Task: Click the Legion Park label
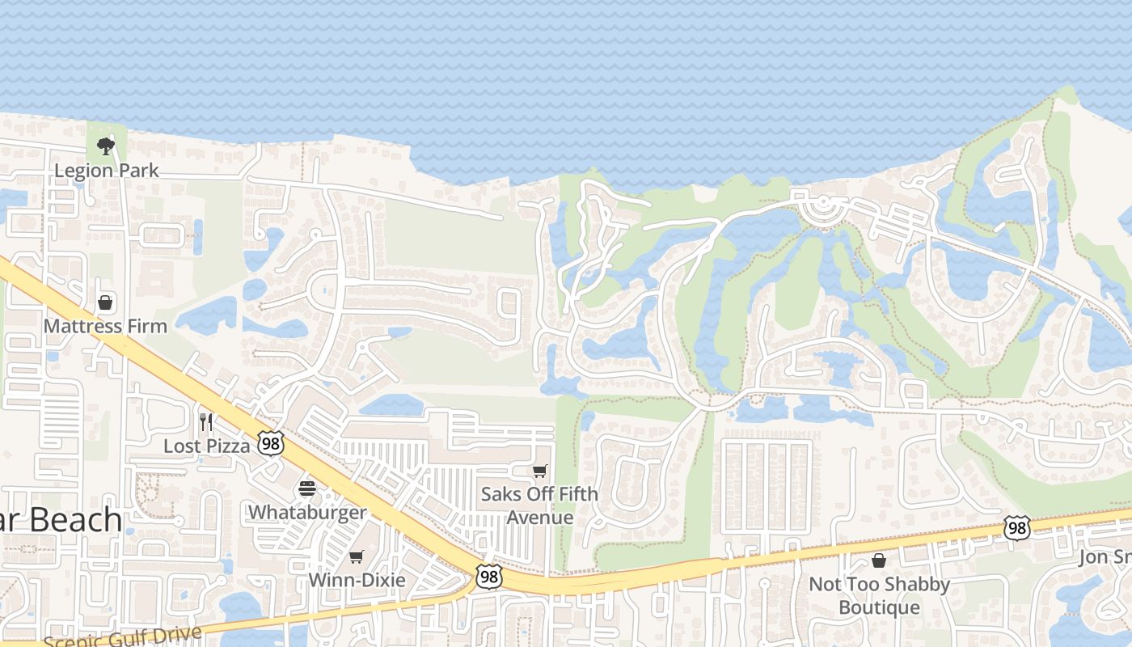(106, 171)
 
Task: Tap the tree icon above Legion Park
(105, 146)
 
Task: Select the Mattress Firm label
(105, 326)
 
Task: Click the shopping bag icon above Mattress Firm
(105, 303)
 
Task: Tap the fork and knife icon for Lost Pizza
(206, 421)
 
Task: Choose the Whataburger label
(306, 512)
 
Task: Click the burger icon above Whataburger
(306, 488)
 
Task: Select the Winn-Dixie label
(357, 580)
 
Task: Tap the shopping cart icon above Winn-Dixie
(357, 557)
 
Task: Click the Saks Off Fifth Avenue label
(539, 505)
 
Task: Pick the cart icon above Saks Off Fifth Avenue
(539, 471)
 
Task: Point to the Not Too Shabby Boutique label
(879, 595)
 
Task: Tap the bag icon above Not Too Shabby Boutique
(879, 560)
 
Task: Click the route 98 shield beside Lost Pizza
(271, 442)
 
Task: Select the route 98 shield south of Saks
(488, 577)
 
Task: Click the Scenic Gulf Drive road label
(121, 636)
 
